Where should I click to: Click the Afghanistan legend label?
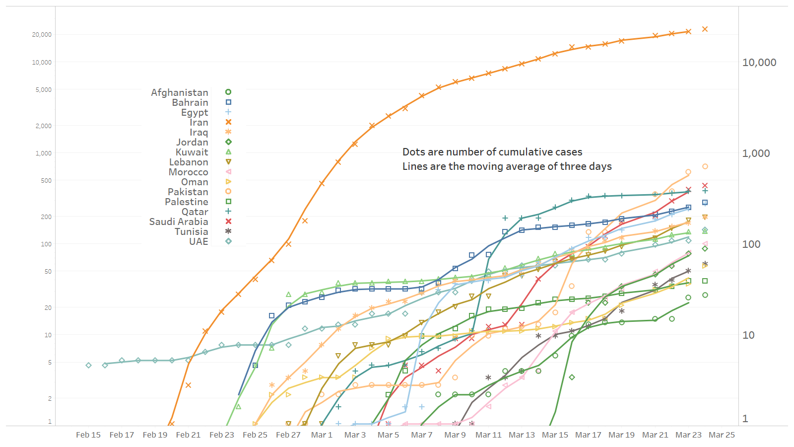(180, 92)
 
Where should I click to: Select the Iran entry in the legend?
(198, 122)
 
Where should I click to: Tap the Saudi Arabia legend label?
(179, 222)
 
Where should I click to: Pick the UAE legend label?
(198, 241)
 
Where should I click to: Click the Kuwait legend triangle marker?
(228, 152)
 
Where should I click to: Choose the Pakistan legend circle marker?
(228, 192)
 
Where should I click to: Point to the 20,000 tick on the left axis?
(42, 35)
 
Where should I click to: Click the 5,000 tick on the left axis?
(43, 90)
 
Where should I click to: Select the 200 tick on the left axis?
(46, 217)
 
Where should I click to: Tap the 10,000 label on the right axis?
(759, 63)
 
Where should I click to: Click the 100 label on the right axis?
(751, 244)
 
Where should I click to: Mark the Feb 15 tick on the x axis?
(88, 435)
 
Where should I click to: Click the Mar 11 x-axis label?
(488, 435)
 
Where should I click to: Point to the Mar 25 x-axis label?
(722, 435)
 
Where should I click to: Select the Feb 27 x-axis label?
(288, 435)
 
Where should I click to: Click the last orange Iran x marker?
(705, 29)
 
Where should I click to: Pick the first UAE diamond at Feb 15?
(88, 366)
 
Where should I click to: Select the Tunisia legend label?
(192, 231)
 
